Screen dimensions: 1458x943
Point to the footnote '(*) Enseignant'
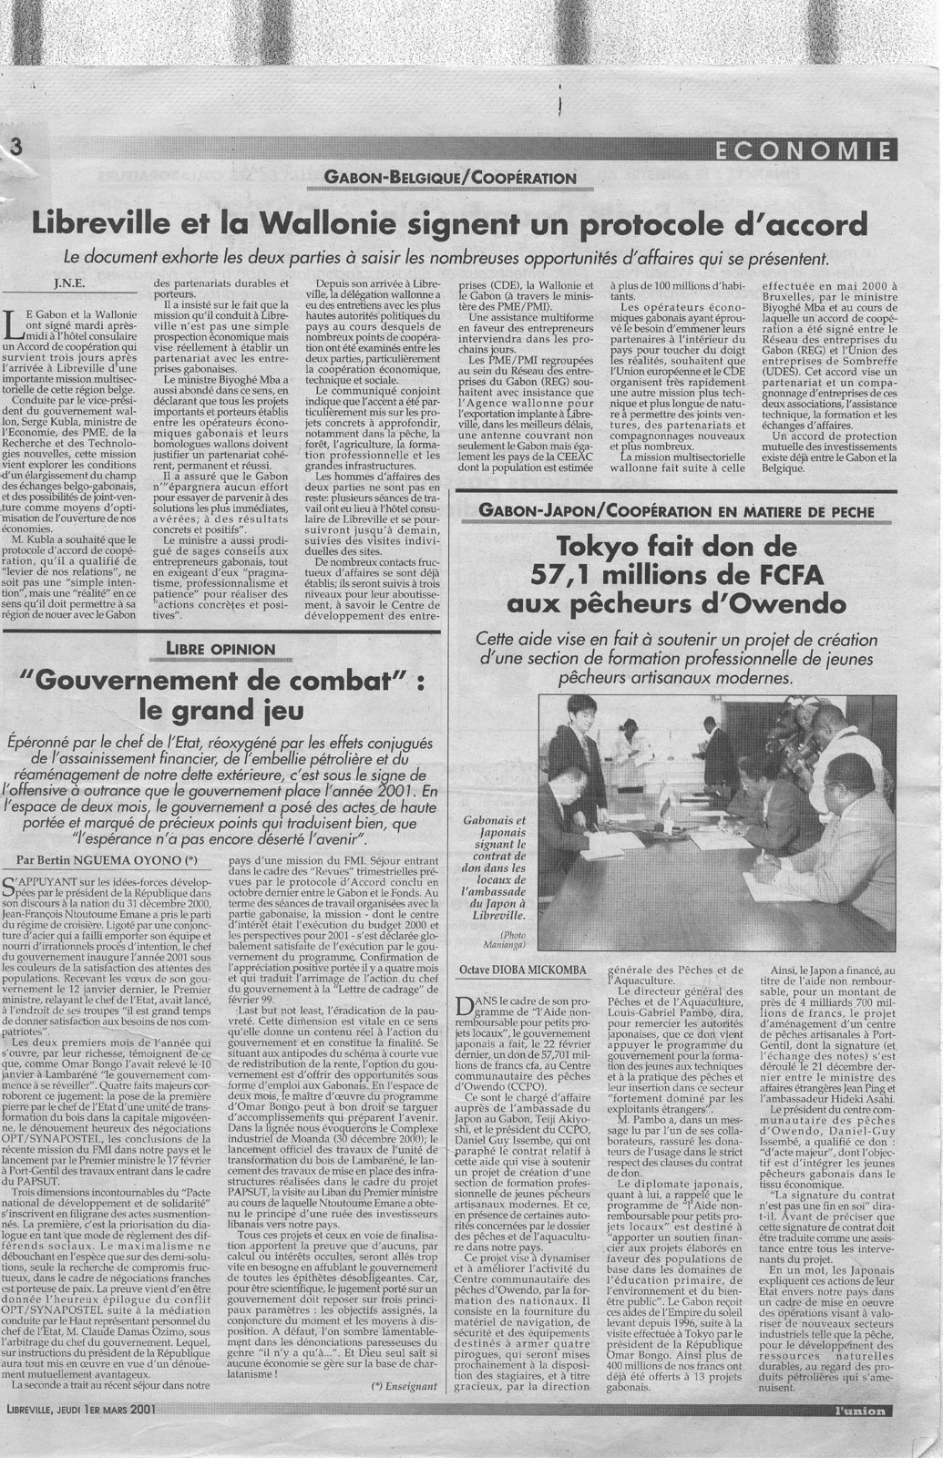[405, 1385]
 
